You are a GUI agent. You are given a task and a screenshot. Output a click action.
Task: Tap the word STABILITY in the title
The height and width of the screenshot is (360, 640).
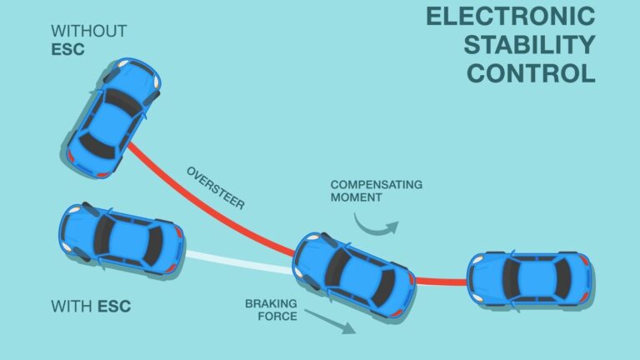coord(530,44)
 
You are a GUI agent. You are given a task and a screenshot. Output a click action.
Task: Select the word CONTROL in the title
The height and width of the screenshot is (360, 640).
coord(531,72)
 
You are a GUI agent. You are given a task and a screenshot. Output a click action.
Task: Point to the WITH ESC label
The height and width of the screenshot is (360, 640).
coord(91,306)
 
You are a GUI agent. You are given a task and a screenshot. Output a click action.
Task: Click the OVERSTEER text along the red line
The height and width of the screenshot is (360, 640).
coord(216,188)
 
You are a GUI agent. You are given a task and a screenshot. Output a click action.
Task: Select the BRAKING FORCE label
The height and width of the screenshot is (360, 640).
coord(271,310)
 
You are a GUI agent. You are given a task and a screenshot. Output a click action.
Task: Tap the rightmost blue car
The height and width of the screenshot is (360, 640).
coord(529,278)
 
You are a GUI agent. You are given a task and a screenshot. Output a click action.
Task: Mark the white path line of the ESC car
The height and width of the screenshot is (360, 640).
coord(237,260)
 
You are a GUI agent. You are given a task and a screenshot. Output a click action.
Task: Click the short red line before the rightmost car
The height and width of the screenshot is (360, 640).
coord(440,282)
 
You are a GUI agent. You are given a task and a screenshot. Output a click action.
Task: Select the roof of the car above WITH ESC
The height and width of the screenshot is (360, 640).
coord(125,239)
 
